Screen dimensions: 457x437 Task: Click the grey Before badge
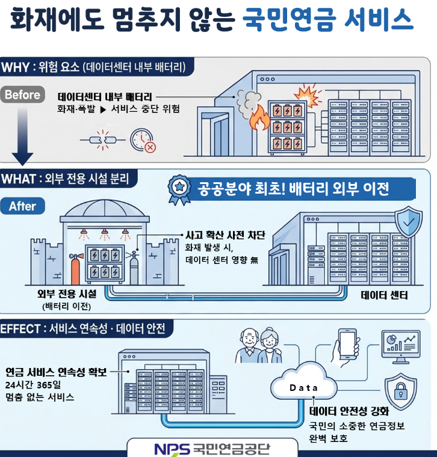click(x=22, y=94)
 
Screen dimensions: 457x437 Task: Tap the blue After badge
click(x=22, y=206)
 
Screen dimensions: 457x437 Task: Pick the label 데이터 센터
click(x=384, y=295)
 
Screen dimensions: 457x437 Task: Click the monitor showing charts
click(x=401, y=346)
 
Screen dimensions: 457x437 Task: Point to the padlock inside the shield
click(x=400, y=393)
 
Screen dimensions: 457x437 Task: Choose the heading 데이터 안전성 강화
click(x=349, y=412)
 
